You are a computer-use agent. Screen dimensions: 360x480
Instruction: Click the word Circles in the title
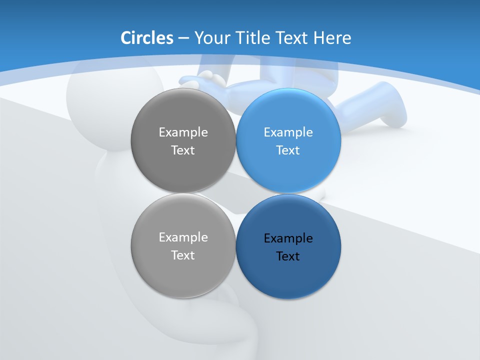tap(147, 38)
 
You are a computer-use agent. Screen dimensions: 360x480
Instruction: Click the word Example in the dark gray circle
tap(183, 132)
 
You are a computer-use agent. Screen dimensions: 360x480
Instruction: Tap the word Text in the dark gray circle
tap(183, 150)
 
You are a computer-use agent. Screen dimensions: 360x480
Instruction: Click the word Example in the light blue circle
tap(288, 132)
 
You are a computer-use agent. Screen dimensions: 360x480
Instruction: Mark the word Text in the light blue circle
tap(288, 150)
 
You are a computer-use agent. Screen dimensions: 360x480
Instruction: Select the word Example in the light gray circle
tap(183, 237)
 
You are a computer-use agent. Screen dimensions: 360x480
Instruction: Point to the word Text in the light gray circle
tap(183, 255)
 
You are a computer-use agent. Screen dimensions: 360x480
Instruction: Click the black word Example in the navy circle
tap(288, 238)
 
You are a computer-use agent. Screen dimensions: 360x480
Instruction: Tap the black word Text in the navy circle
tap(288, 256)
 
